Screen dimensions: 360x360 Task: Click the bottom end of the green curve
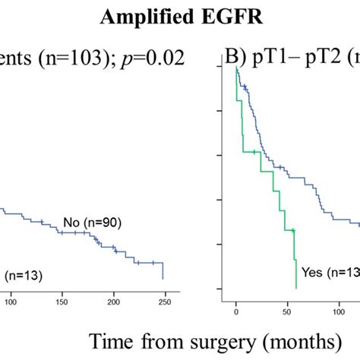tap(295, 288)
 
